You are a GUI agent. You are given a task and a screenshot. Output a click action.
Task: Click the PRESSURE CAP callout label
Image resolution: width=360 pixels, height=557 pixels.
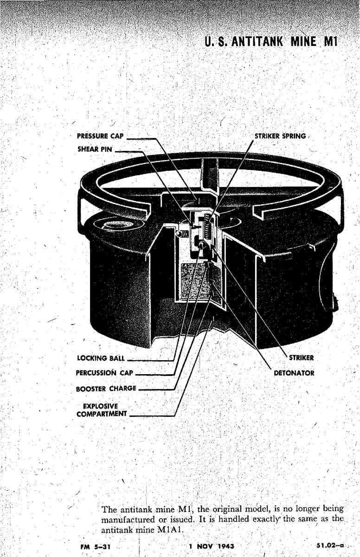tap(100, 136)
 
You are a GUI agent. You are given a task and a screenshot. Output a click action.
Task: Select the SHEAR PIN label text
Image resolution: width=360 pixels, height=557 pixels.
tap(95, 149)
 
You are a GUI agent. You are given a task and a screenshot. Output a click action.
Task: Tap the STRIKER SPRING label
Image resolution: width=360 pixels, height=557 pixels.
tap(280, 136)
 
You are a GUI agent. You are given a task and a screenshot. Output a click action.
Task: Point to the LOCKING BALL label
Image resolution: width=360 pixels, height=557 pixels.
tap(101, 358)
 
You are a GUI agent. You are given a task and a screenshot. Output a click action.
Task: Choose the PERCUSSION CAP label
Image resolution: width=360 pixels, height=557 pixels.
tap(104, 373)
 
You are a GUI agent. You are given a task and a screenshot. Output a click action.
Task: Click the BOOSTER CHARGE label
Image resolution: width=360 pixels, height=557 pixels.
tap(106, 389)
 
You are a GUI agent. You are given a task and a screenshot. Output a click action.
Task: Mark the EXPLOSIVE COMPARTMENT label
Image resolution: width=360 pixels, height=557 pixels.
tap(102, 410)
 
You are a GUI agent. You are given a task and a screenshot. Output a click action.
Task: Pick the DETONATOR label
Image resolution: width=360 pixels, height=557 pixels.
tap(294, 373)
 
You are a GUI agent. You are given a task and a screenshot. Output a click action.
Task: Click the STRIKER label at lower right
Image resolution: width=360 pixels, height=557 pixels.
tap(302, 358)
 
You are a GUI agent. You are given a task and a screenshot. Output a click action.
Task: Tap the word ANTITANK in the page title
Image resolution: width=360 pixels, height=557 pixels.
tap(257, 42)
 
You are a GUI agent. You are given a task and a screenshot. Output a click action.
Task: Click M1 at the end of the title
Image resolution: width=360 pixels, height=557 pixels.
tap(331, 42)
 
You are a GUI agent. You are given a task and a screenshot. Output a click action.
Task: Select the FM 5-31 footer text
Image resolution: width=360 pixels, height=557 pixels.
tap(95, 547)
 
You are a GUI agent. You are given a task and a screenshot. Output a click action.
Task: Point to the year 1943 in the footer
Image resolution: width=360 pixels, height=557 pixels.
tap(226, 546)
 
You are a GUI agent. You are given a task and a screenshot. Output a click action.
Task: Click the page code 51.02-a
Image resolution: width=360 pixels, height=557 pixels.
tap(330, 546)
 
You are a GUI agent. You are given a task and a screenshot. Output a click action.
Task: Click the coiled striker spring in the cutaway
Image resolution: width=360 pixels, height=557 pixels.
tap(207, 225)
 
